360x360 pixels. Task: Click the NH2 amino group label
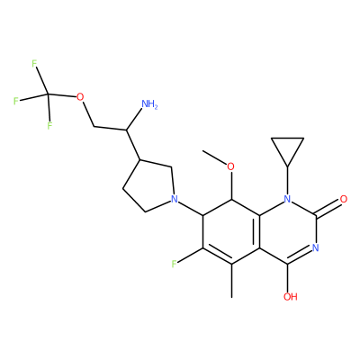[149, 104]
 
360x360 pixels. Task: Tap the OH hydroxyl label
[291, 297]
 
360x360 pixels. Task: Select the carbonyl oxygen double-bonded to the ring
[344, 199]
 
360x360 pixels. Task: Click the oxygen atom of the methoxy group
[230, 166]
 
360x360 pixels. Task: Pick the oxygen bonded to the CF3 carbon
[80, 97]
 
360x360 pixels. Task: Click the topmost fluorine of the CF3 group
[34, 64]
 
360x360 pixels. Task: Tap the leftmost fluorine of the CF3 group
[16, 101]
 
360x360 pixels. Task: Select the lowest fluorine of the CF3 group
[49, 126]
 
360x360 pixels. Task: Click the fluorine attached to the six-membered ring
[174, 264]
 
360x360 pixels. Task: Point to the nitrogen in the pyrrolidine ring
[174, 199]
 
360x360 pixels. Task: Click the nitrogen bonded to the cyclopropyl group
[288, 199]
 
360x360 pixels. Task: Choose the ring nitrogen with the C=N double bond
[315, 247]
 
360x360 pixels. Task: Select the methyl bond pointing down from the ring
[231, 281]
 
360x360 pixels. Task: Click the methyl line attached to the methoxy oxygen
[214, 157]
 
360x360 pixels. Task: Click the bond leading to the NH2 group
[134, 120]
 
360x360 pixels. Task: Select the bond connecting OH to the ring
[287, 278]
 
